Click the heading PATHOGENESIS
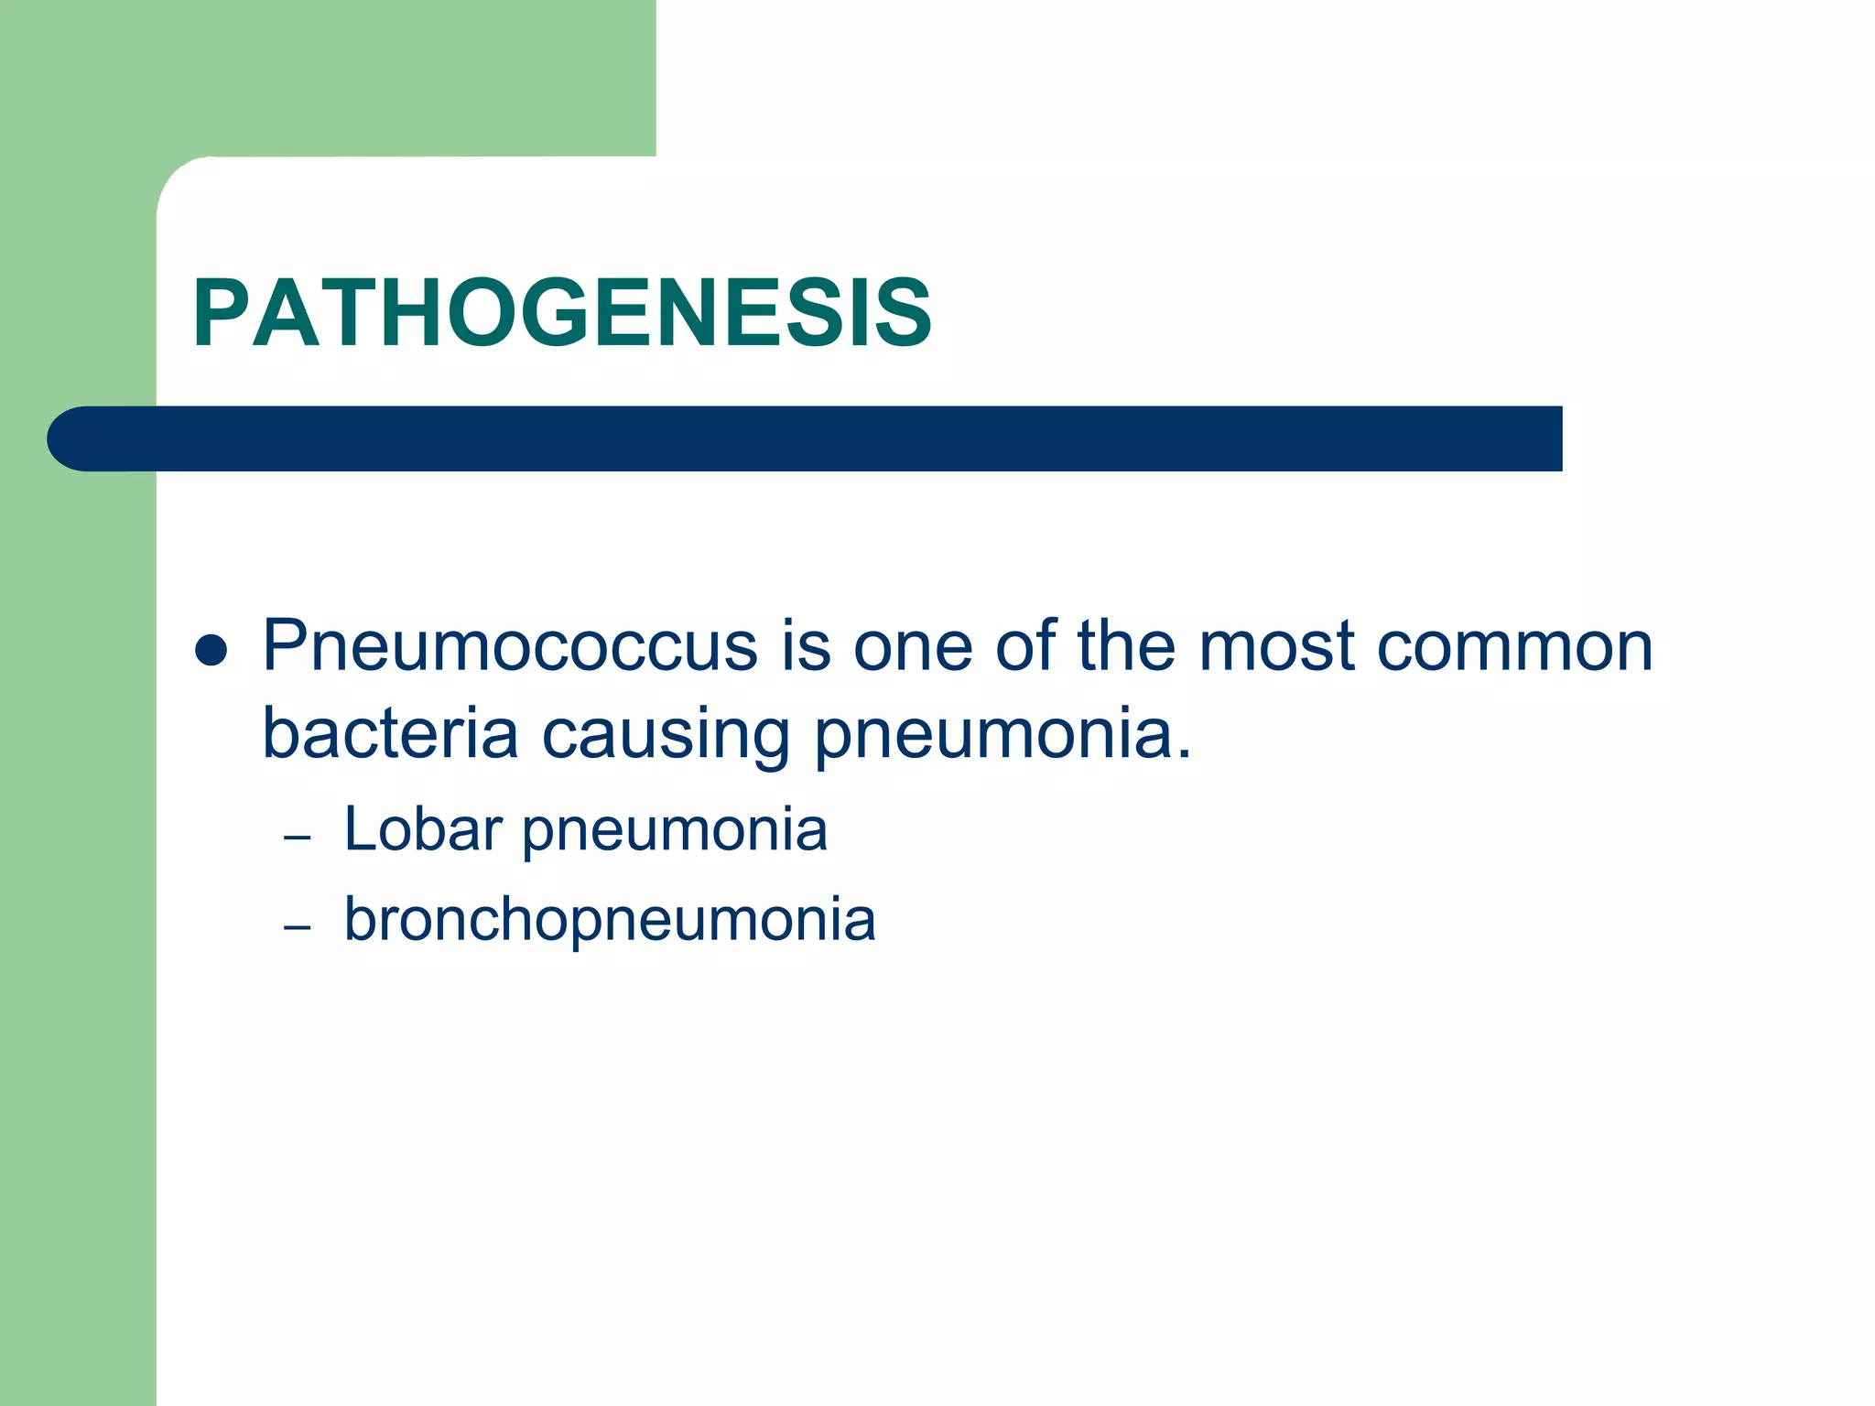562,314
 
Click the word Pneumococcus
510,646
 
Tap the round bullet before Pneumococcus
211,650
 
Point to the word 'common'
1514,646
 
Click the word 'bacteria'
390,733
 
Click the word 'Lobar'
422,829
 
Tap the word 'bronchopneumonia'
610,921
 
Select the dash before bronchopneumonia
298,928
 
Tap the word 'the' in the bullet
1125,646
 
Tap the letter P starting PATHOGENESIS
219,314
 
